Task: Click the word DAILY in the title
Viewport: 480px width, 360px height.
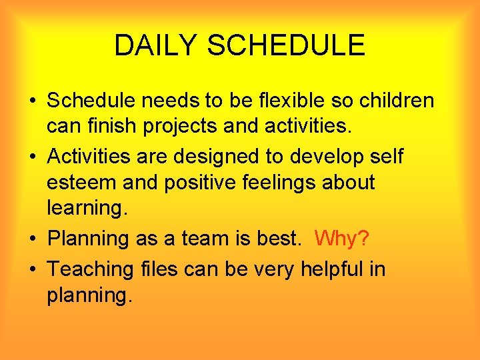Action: [x=156, y=45]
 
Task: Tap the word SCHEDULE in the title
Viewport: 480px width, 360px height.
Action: [x=286, y=45]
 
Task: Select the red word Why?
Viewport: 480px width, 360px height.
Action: [x=341, y=238]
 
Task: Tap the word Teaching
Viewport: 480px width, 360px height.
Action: [x=91, y=269]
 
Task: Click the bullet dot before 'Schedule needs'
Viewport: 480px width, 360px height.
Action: [x=33, y=102]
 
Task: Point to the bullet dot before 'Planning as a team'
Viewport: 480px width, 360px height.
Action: [x=33, y=239]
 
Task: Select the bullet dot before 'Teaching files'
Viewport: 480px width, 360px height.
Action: [x=33, y=270]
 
